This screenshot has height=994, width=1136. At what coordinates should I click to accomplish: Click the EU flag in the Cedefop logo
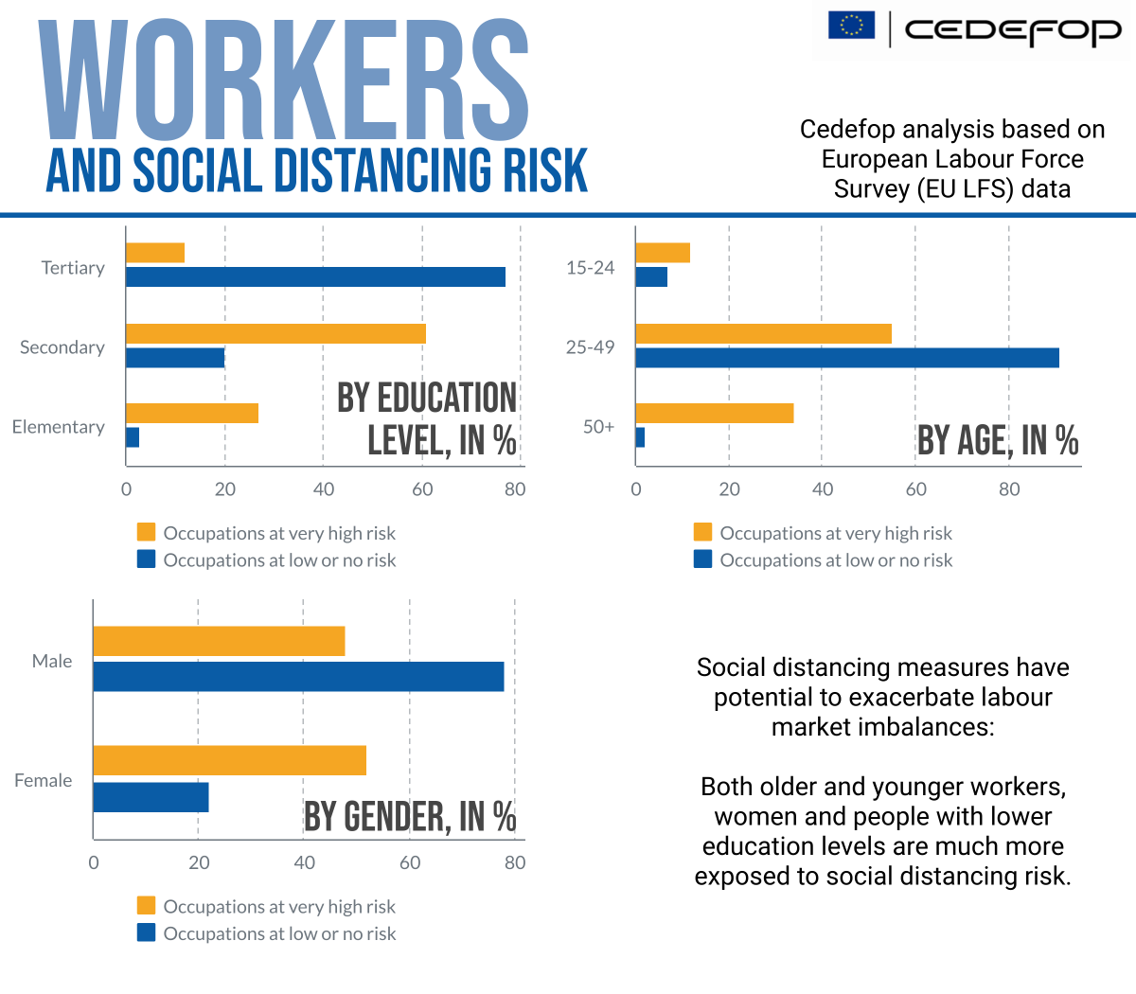851,26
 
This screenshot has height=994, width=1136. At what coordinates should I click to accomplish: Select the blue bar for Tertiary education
315,277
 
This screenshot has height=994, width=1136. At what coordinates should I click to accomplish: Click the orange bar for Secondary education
275,333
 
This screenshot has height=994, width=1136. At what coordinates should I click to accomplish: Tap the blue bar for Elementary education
133,437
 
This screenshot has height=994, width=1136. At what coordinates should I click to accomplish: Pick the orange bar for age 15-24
663,253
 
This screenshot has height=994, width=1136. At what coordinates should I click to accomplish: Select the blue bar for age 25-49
847,358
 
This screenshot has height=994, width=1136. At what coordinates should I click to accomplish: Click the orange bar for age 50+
715,413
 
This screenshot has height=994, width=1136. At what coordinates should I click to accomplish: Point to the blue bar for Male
298,677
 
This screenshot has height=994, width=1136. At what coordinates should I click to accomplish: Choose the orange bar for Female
229,760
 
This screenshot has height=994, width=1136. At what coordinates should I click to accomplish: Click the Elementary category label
59,427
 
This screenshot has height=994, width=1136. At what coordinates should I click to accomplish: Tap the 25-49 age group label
590,347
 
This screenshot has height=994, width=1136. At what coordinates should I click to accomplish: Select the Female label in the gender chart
44,780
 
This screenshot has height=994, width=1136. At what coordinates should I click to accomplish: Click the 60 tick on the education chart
422,489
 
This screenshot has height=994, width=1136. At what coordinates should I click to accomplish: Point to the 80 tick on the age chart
1009,489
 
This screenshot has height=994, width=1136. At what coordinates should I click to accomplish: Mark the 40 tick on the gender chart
304,862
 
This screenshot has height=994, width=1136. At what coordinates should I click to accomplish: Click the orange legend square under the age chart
702,532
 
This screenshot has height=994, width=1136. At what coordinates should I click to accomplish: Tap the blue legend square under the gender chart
146,932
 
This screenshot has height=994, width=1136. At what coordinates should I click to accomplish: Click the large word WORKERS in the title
284,80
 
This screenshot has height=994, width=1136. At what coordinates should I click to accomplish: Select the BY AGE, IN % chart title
998,441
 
